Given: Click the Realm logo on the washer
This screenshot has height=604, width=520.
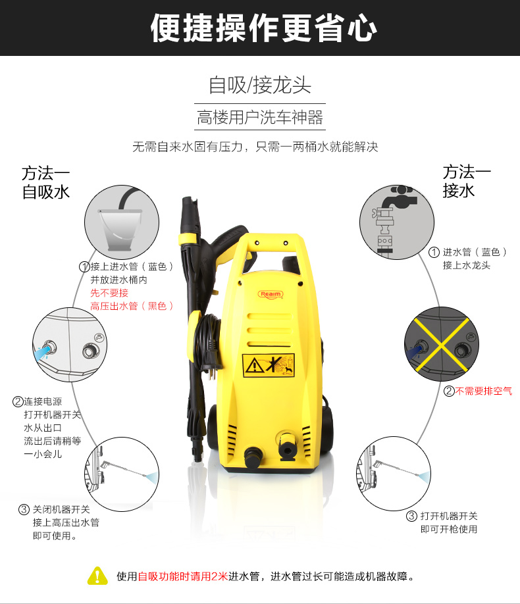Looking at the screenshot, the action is (271, 294).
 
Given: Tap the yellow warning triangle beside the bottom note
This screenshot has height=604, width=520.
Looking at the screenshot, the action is (97, 576).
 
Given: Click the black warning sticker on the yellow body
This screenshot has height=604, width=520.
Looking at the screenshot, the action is (269, 365).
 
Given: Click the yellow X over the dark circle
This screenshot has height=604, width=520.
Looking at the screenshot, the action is (442, 344).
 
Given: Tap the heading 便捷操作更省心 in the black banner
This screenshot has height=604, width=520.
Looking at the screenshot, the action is (264, 28).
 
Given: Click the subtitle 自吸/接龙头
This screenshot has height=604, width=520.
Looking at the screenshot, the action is (260, 85).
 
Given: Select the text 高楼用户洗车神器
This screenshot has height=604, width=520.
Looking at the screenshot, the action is (260, 117).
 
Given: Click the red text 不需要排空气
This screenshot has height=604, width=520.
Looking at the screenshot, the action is (484, 391).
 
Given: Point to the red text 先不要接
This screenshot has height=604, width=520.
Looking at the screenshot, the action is (109, 293).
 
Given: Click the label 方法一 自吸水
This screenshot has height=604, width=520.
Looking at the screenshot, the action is (45, 183).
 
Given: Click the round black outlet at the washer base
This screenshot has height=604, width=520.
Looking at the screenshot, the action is (253, 456).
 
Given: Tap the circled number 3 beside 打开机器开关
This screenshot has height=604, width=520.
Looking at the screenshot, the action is (411, 516).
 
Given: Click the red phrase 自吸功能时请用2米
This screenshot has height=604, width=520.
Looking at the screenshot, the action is (183, 576).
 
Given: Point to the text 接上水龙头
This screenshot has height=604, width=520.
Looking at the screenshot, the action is (467, 265).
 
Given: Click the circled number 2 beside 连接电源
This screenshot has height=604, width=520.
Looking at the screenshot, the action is (18, 402).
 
